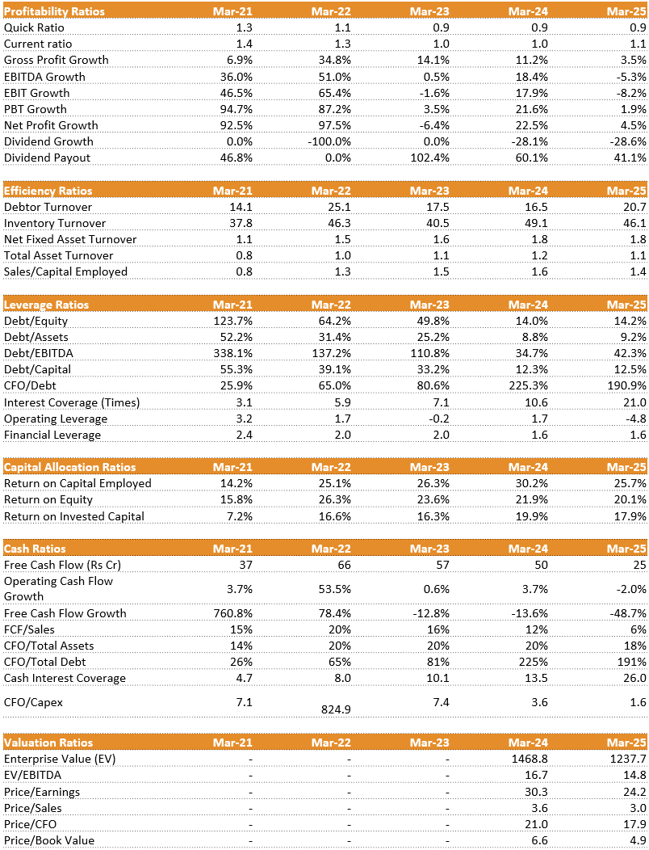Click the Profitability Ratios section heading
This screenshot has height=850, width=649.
pos(54,11)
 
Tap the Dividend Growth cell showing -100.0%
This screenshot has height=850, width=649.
pos(329,141)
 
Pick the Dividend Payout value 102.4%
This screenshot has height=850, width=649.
pos(430,158)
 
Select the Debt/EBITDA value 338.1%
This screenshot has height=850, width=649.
pos(233,353)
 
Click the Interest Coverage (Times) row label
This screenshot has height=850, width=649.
pos(72,402)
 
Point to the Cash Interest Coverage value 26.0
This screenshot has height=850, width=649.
pos(634,678)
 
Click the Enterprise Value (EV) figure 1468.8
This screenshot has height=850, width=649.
pos(530,760)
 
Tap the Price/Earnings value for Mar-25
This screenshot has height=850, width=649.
pos(634,792)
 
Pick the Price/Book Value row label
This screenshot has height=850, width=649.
pos(49,840)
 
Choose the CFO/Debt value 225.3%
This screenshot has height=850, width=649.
pos(529,385)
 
